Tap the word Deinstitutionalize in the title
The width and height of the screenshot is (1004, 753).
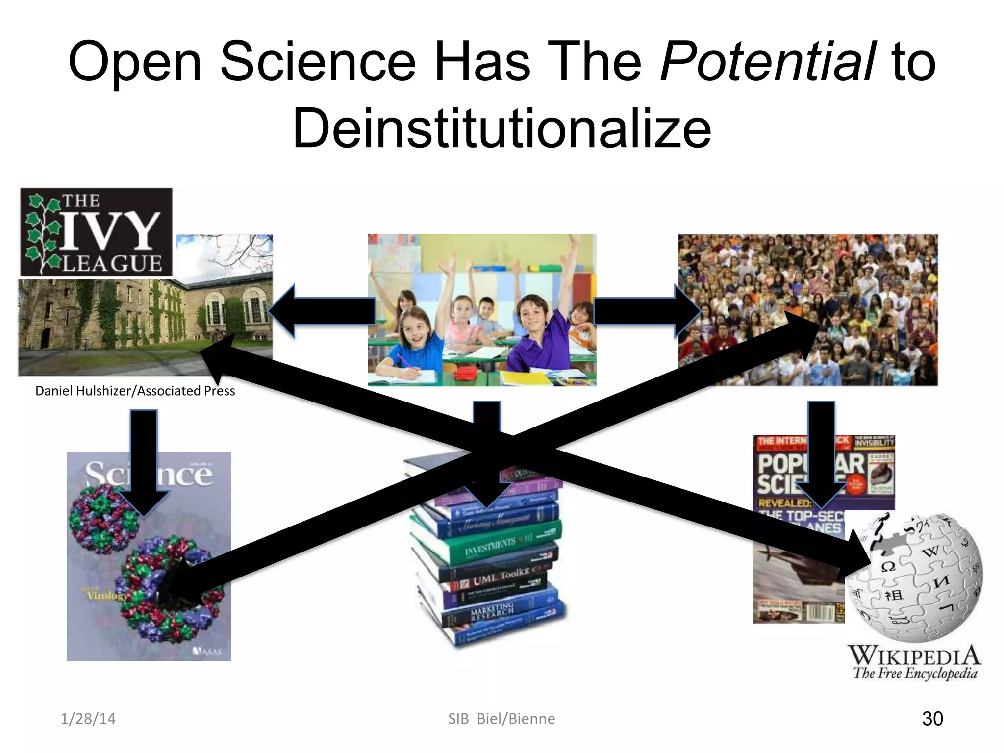(502, 128)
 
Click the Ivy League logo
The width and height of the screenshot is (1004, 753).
(97, 232)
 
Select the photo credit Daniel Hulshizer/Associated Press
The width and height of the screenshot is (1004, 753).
(135, 391)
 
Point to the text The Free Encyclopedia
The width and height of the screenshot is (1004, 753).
(915, 673)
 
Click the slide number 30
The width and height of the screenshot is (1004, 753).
(932, 719)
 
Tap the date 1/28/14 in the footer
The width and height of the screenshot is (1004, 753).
(88, 719)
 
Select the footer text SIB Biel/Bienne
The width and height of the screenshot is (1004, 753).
(502, 719)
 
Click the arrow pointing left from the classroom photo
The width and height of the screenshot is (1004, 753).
(321, 311)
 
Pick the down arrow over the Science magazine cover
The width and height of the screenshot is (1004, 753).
(144, 461)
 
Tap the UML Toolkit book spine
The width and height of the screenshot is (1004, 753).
(500, 578)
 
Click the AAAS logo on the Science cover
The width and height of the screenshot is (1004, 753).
(207, 651)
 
